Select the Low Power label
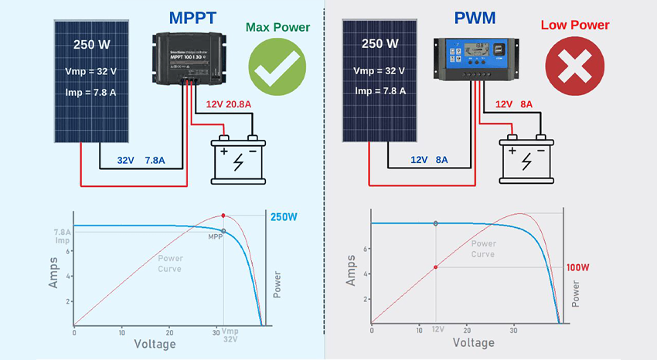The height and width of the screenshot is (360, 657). click(575, 25)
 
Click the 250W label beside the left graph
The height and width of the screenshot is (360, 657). click(284, 217)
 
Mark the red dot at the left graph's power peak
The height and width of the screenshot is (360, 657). click(223, 215)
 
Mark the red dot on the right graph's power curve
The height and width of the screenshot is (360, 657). click(436, 267)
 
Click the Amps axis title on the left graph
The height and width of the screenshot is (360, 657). click(53, 272)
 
